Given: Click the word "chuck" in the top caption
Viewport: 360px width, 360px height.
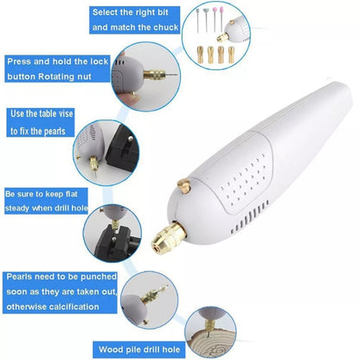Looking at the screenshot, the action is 166,28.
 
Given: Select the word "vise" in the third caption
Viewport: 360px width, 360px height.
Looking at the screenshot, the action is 66,113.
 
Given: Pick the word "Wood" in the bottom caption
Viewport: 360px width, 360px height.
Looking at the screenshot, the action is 108,350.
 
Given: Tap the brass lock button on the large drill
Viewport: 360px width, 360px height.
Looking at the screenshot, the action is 183,185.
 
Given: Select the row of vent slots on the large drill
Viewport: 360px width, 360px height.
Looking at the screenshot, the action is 250,217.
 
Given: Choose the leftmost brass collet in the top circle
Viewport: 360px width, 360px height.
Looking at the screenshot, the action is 200,55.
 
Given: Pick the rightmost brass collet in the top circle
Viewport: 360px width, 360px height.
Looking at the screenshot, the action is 231,55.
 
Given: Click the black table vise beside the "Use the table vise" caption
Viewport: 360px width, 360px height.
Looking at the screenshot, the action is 123,150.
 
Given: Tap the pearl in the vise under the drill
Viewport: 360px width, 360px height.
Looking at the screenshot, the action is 115,238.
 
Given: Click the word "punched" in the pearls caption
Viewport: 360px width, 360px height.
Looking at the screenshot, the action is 99,277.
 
